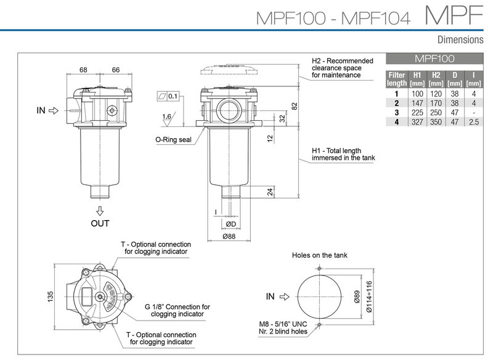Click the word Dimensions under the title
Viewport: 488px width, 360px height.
click(459, 40)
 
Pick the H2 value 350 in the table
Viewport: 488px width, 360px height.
click(436, 122)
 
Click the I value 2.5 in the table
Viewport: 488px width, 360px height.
click(473, 122)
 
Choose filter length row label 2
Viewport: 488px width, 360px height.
click(396, 104)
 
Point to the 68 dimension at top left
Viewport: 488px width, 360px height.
click(84, 70)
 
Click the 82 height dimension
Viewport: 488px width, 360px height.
click(294, 106)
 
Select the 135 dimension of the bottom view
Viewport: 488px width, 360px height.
click(50, 297)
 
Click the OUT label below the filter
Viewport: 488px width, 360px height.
click(100, 223)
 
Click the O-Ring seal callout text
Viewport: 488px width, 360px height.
click(173, 139)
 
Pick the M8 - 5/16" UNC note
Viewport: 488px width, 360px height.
click(287, 324)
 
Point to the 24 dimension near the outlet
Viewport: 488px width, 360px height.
click(270, 191)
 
